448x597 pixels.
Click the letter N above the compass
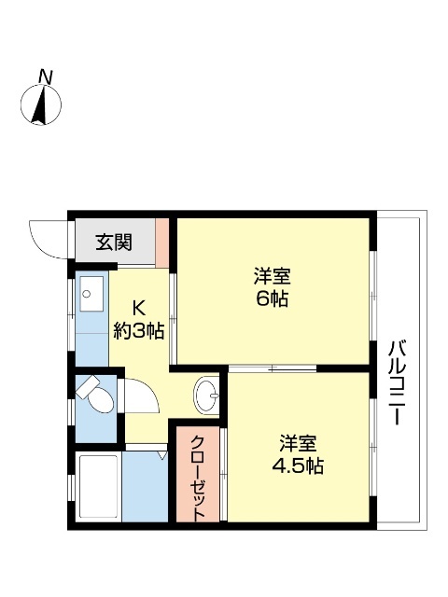click(44, 76)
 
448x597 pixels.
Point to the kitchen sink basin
click(91, 298)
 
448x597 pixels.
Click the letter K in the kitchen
click(138, 306)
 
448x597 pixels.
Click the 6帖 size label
click(273, 299)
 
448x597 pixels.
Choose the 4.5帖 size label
click(300, 466)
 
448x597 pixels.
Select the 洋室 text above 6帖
click(273, 276)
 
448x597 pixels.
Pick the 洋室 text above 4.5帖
click(300, 442)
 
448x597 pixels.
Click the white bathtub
click(97, 486)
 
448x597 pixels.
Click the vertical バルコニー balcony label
click(397, 383)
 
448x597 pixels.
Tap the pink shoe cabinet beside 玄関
click(162, 243)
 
